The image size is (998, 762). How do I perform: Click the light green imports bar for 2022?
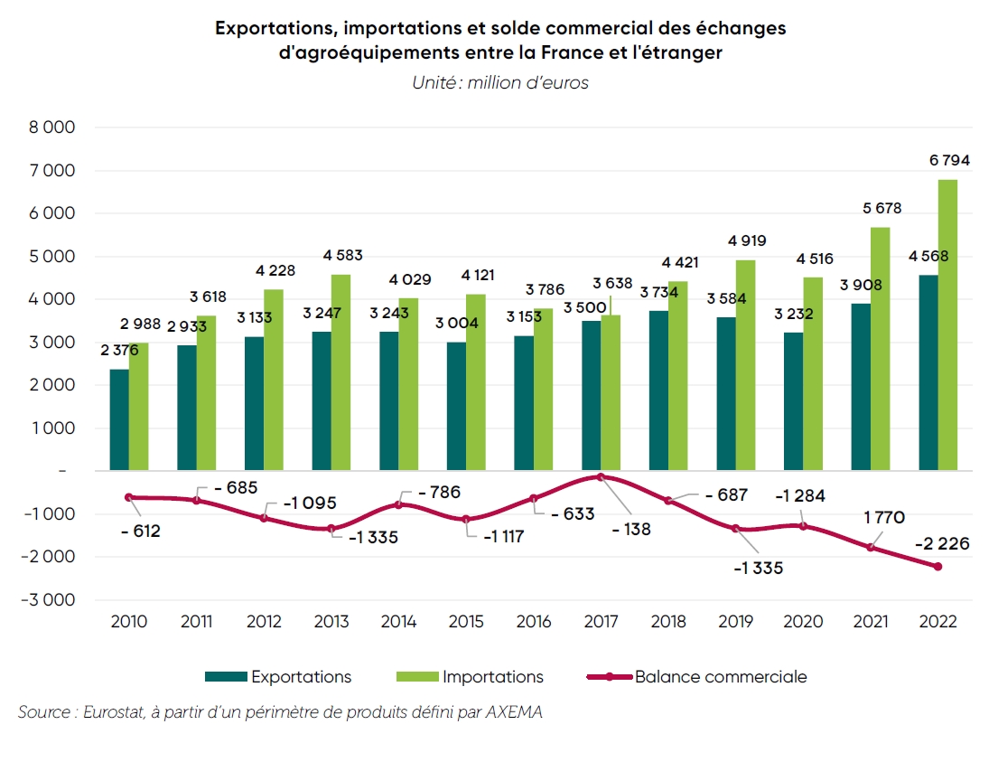tap(947, 325)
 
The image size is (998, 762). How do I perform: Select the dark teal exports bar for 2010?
tap(118, 420)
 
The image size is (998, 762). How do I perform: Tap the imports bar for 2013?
tap(340, 372)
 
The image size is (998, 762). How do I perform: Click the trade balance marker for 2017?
tap(601, 476)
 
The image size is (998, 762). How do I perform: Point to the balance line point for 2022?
tap(937, 567)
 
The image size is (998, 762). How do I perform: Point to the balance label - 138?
tap(630, 530)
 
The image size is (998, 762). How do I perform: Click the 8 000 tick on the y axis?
tap(53, 127)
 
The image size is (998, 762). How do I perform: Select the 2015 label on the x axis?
tap(466, 622)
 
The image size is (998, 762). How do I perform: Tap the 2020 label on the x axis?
tap(803, 622)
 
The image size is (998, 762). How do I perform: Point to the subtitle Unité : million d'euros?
tap(500, 83)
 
